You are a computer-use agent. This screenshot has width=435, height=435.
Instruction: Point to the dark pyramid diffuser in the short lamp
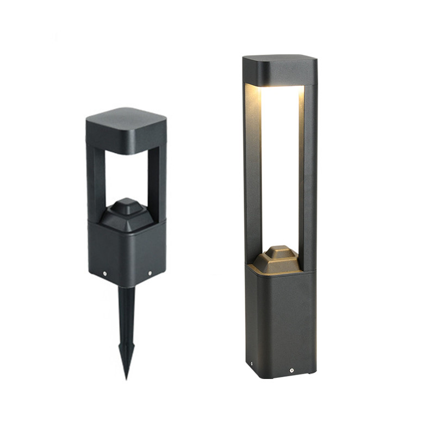pyautogui.click(x=126, y=215)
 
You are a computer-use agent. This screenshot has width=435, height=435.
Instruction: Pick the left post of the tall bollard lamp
pyautogui.click(x=253, y=174)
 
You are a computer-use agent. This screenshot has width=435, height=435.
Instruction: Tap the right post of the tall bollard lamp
pyautogui.click(x=308, y=174)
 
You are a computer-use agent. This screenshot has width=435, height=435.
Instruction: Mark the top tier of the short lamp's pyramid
pyautogui.click(x=126, y=202)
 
